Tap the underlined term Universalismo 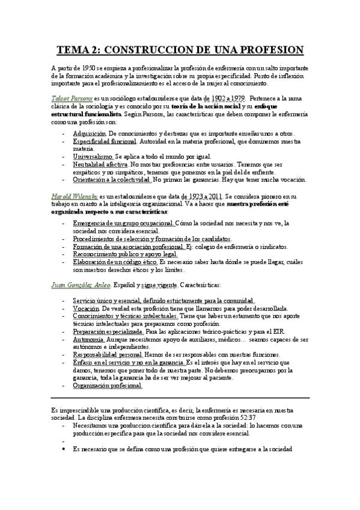91,156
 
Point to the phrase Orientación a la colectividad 111,179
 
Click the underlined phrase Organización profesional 107,387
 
